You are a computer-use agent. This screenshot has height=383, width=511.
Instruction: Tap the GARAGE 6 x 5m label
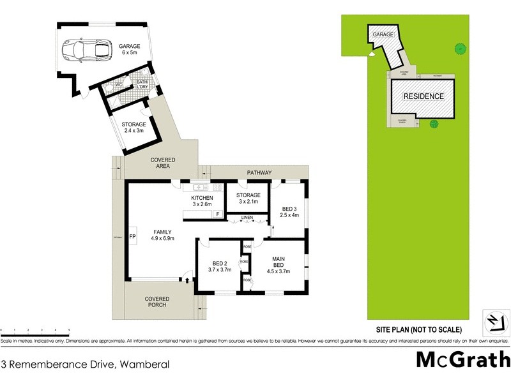pos(129,49)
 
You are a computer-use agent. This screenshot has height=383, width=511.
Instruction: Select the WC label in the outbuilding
pos(118,86)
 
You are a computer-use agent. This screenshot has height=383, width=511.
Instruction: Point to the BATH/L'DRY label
pos(142,84)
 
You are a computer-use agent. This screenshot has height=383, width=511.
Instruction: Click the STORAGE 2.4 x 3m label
pos(133,128)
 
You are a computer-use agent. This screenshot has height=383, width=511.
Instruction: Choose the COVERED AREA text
pos(162,163)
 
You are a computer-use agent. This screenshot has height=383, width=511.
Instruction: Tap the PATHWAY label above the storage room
pos(259,172)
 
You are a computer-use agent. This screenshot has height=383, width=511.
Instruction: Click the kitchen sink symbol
pos(199,187)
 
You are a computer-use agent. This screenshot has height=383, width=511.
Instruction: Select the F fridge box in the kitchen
pos(217,214)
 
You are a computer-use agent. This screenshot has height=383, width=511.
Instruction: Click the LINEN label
pos(247,218)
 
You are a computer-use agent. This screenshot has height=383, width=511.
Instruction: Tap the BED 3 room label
pos(289,212)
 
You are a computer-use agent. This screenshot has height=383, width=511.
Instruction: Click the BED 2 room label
pos(219,267)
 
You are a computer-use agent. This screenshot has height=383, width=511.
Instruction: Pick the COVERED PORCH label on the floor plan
pos(156,302)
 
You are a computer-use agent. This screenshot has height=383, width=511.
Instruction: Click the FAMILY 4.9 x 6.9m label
pos(162,235)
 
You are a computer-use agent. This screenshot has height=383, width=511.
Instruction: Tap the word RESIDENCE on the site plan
pos(423,96)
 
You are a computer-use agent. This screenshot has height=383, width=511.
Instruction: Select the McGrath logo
pos(462,359)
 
